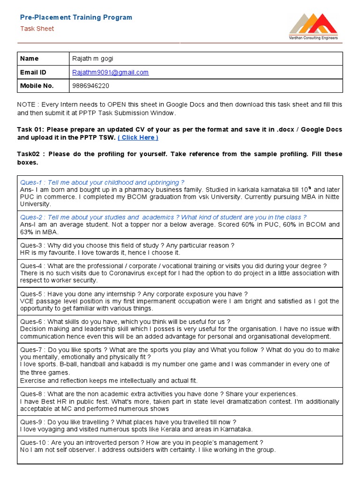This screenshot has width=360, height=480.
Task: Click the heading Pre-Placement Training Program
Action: click(x=76, y=17)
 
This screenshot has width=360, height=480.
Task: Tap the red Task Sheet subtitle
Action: click(x=37, y=29)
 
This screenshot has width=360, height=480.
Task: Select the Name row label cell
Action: click(x=30, y=59)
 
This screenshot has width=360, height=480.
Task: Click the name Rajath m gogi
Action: click(x=92, y=59)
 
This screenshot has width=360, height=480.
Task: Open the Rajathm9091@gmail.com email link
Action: click(x=110, y=72)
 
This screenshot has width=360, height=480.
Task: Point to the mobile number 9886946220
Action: click(x=91, y=86)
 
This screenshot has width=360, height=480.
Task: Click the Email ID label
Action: click(x=33, y=72)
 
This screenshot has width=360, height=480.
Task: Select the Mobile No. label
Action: click(x=37, y=86)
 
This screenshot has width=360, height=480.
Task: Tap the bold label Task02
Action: click(x=30, y=154)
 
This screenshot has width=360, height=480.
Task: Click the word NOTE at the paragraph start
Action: click(x=26, y=105)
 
